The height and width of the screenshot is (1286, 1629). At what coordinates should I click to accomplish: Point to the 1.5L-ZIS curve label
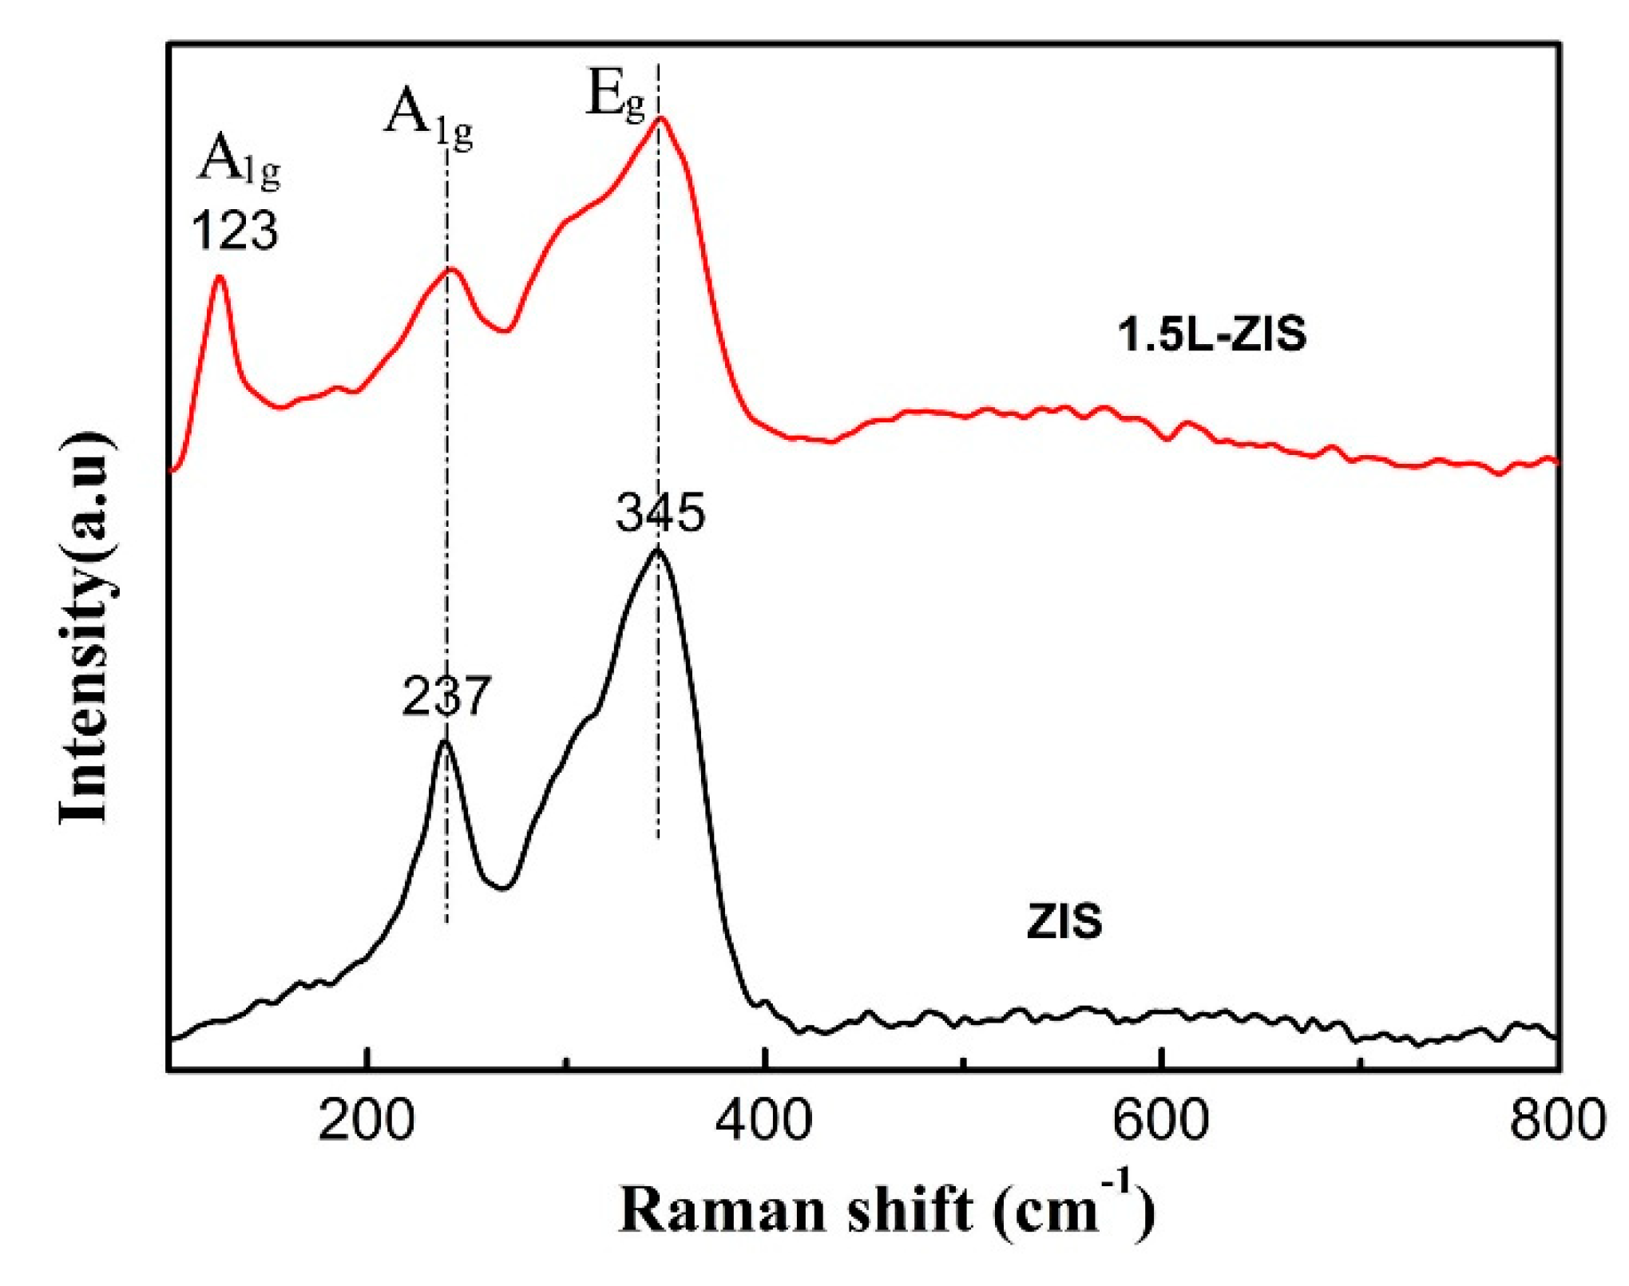pyautogui.click(x=1211, y=334)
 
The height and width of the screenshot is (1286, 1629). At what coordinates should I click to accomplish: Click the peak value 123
pyautogui.click(x=235, y=231)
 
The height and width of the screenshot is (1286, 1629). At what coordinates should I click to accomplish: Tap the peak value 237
pyautogui.click(x=446, y=696)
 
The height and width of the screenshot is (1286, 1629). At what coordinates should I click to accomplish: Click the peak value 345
pyautogui.click(x=660, y=512)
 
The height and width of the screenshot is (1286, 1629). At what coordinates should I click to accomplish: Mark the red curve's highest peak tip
pyautogui.click(x=660, y=119)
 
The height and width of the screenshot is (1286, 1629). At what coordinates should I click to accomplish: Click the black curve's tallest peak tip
pyautogui.click(x=658, y=550)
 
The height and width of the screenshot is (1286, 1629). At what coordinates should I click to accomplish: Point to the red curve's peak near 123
pyautogui.click(x=219, y=277)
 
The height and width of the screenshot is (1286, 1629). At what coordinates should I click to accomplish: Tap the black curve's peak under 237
pyautogui.click(x=445, y=742)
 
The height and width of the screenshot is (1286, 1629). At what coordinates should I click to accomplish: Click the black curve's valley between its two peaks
pyautogui.click(x=502, y=887)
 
